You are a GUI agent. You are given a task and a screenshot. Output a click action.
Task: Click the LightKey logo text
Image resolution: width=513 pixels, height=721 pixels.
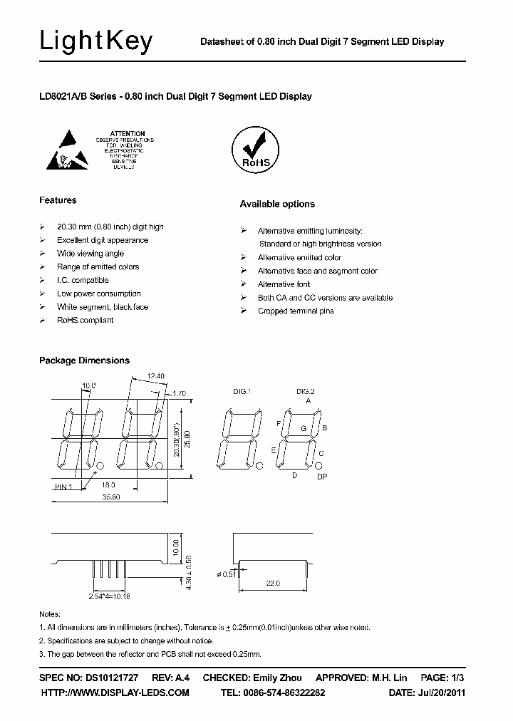click(x=96, y=42)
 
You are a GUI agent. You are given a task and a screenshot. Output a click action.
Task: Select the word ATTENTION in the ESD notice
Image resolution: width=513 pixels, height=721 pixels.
click(x=128, y=134)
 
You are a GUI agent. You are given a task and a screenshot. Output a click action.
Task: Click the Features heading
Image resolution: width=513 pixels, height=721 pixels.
click(x=58, y=200)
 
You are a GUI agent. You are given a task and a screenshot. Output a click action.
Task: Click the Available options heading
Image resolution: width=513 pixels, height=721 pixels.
click(x=277, y=204)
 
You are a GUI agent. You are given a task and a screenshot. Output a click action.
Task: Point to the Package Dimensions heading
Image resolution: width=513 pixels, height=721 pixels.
click(x=84, y=360)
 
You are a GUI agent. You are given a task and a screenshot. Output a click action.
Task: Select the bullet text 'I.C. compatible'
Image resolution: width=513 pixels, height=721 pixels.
click(x=83, y=281)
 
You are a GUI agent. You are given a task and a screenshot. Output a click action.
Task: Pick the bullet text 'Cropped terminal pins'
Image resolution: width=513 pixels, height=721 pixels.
click(x=296, y=311)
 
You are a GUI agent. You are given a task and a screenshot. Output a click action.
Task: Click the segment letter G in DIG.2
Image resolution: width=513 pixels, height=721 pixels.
click(x=303, y=428)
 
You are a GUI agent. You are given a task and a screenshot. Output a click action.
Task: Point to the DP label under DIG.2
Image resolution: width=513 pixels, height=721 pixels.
click(x=321, y=477)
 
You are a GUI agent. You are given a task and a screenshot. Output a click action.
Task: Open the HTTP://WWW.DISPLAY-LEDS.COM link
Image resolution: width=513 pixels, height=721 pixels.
click(x=115, y=693)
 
